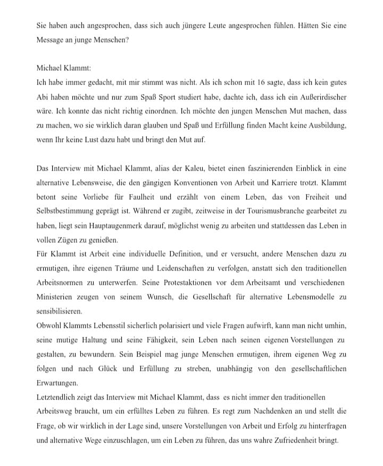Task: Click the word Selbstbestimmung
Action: point(66,212)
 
